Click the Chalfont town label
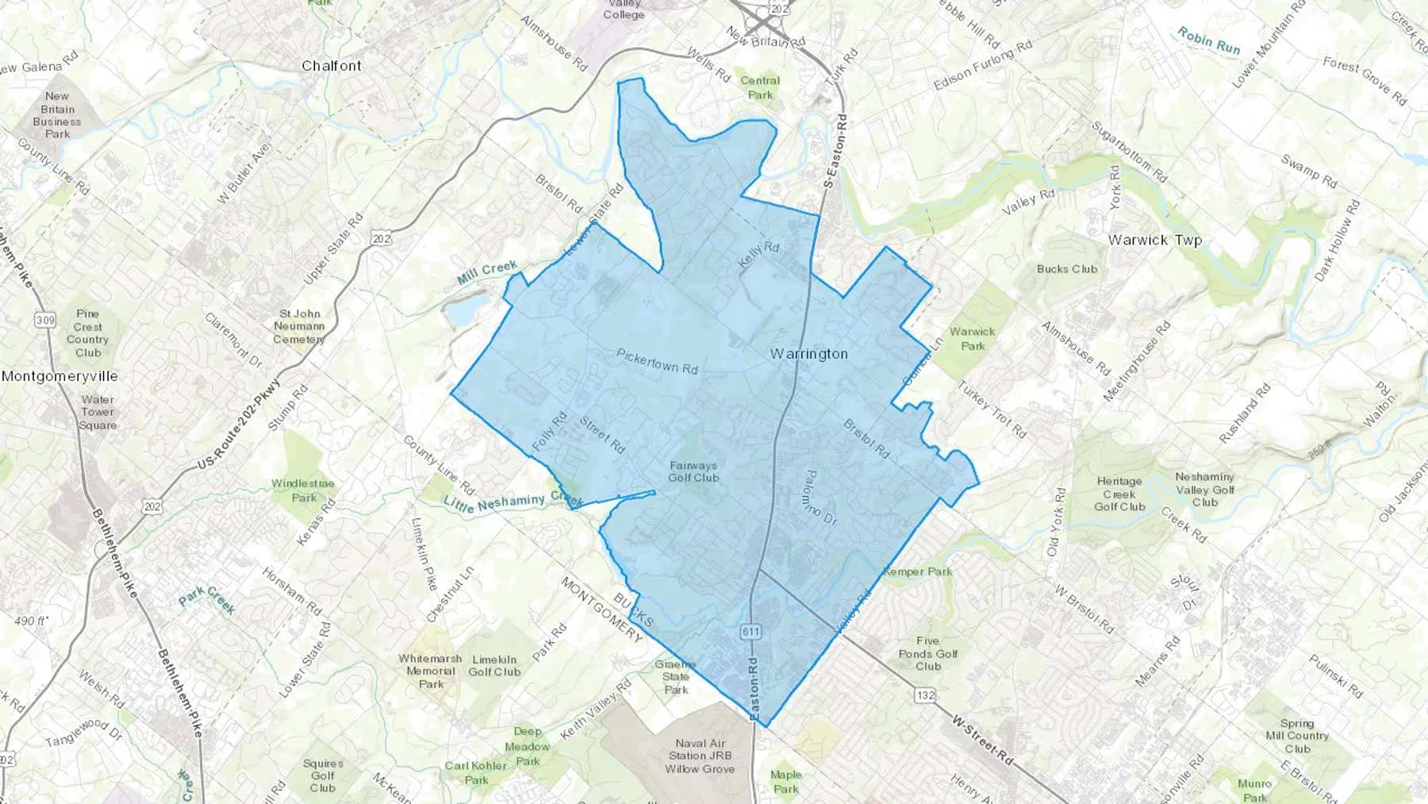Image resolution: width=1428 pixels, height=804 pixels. [x=332, y=66]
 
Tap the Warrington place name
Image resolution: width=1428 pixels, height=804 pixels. [x=808, y=354]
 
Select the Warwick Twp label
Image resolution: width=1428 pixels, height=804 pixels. [x=1154, y=240]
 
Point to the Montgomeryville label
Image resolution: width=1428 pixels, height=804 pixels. [x=59, y=376]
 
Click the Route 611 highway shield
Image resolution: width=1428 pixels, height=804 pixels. [x=750, y=632]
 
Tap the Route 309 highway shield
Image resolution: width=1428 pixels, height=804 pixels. [x=45, y=321]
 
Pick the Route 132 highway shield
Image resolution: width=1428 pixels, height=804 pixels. [x=925, y=695]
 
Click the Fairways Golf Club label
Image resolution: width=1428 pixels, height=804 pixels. [x=693, y=471]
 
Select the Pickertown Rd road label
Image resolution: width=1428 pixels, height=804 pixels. [x=657, y=361]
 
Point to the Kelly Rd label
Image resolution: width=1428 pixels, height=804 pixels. [x=758, y=255]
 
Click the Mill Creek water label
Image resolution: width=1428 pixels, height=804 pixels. [x=487, y=272]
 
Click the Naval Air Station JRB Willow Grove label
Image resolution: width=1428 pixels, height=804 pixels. [x=700, y=756]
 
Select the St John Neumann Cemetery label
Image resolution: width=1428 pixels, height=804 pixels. [x=299, y=326]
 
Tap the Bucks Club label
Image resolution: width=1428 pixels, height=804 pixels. [x=1067, y=269]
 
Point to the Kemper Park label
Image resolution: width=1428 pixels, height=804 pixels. [x=917, y=571]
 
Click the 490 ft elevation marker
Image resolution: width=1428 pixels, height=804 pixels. [x=30, y=621]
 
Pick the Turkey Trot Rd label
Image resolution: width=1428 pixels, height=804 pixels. [x=992, y=410]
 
